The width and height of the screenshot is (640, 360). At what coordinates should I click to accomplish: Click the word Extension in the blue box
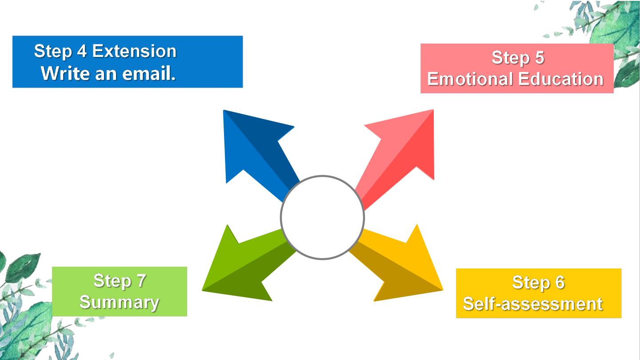pyautogui.click(x=134, y=51)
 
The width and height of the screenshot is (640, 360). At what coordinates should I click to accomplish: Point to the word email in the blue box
pyautogui.click(x=148, y=73)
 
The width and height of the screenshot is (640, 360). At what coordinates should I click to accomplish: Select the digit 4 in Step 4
pyautogui.click(x=82, y=51)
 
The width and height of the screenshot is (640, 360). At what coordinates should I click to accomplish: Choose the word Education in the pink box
pyautogui.click(x=560, y=79)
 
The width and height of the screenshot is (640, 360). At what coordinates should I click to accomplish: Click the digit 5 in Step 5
pyautogui.click(x=539, y=57)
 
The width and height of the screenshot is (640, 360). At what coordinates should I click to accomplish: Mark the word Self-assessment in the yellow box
pyautogui.click(x=533, y=304)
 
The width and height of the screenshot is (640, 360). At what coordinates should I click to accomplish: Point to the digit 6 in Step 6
pyautogui.click(x=560, y=282)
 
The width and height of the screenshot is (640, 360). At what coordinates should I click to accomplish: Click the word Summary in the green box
pyautogui.click(x=119, y=302)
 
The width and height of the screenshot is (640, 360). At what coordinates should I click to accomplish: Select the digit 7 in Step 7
pyautogui.click(x=141, y=280)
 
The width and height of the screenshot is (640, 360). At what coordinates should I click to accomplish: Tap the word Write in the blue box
pyautogui.click(x=65, y=73)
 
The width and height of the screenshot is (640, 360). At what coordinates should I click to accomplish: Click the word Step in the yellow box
pyautogui.click(x=531, y=283)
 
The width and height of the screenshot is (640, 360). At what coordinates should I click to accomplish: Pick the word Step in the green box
pyautogui.click(x=112, y=281)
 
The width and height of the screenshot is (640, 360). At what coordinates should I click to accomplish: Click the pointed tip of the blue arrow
pyautogui.click(x=224, y=110)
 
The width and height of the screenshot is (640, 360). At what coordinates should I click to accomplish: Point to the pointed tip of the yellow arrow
pyautogui.click(x=443, y=290)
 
